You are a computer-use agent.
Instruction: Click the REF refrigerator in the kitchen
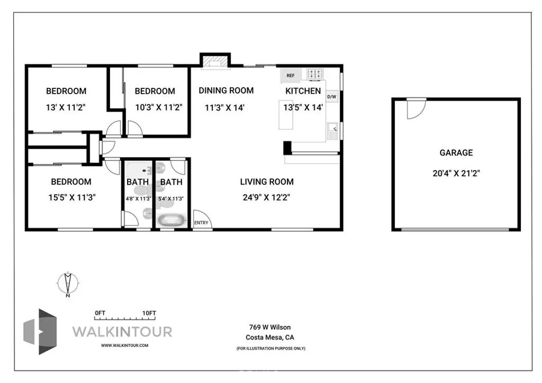pos(291,75)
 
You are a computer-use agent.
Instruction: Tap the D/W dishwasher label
pos(331,97)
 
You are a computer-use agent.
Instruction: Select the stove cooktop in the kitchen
pos(315,74)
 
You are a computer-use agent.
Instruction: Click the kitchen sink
pos(332,131)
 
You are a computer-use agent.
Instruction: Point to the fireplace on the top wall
pos(215,61)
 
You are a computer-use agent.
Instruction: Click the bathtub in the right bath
pos(171,221)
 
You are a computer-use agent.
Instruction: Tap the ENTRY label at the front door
pos(201,223)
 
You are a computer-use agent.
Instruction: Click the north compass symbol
pos(68,283)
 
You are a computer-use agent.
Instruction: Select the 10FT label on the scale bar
pos(149,313)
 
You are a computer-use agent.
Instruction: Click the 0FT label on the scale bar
pos(100,313)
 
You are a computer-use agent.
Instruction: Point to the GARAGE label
pos(456,153)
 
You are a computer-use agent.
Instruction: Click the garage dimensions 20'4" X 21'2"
pos(456,173)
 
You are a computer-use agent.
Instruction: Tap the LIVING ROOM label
pos(267,181)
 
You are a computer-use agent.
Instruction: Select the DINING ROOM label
pos(226,90)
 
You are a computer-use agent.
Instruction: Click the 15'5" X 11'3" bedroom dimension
pos(72,197)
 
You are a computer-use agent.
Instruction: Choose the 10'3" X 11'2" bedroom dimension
pos(159,107)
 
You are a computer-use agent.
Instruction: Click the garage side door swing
pos(416,109)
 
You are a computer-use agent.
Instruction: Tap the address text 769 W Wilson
pos(270,327)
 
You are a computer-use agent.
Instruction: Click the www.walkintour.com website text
pos(125,345)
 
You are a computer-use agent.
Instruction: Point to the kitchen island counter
pos(286,115)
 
